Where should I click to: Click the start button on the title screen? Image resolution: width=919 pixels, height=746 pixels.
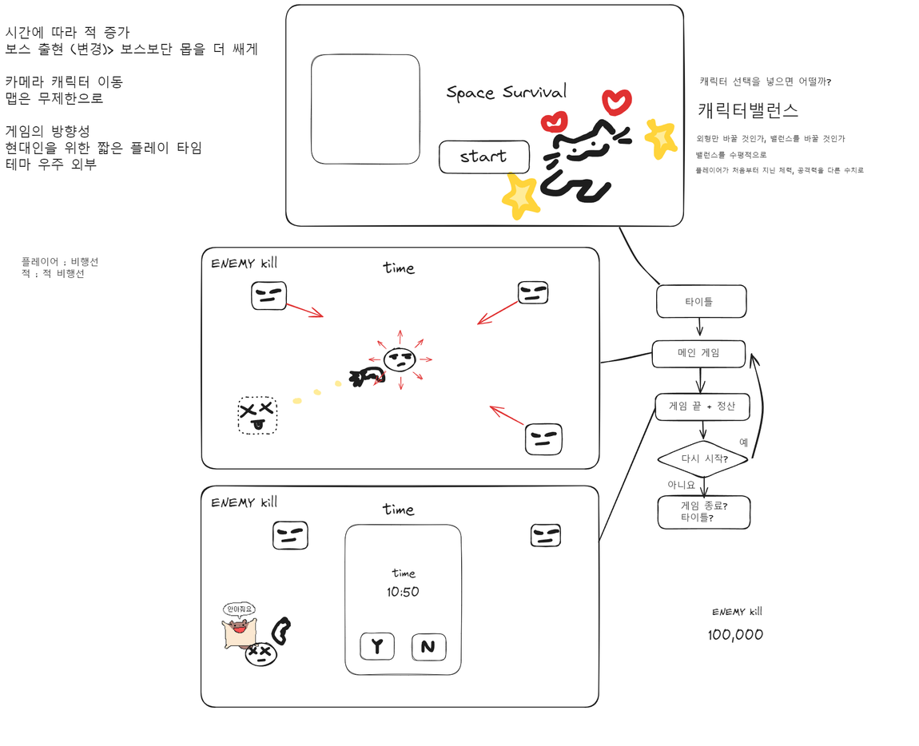click(x=483, y=157)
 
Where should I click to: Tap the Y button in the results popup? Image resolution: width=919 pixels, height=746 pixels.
click(x=377, y=646)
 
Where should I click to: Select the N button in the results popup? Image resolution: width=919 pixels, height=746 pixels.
click(x=428, y=646)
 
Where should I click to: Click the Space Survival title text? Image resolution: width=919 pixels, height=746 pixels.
click(x=506, y=92)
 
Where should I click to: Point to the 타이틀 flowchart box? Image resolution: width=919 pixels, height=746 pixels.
click(x=701, y=302)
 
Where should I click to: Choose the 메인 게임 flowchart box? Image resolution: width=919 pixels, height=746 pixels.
click(x=698, y=354)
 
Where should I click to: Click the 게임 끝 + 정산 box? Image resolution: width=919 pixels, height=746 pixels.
click(x=702, y=407)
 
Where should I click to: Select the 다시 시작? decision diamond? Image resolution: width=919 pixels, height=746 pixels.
click(x=703, y=459)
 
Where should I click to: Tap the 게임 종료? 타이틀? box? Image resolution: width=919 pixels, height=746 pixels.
click(x=703, y=511)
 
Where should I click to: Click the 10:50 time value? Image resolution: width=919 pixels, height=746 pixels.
click(x=403, y=592)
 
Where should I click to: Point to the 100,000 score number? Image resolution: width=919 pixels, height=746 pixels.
click(x=735, y=635)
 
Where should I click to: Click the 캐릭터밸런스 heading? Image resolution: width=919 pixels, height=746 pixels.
click(x=748, y=110)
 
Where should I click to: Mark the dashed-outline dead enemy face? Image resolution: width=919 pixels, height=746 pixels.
click(x=257, y=415)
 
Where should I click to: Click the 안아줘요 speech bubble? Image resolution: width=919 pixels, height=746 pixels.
click(x=240, y=609)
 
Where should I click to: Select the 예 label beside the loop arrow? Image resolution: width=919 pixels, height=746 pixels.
click(x=744, y=442)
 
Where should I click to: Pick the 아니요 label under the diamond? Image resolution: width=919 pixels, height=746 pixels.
click(x=682, y=485)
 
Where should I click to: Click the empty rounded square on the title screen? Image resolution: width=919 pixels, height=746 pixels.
click(x=365, y=109)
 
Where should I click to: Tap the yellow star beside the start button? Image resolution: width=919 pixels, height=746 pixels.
click(x=520, y=195)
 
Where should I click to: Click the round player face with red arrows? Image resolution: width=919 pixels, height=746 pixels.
click(x=400, y=359)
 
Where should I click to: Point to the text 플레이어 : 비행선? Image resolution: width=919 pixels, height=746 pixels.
click(x=60, y=262)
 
